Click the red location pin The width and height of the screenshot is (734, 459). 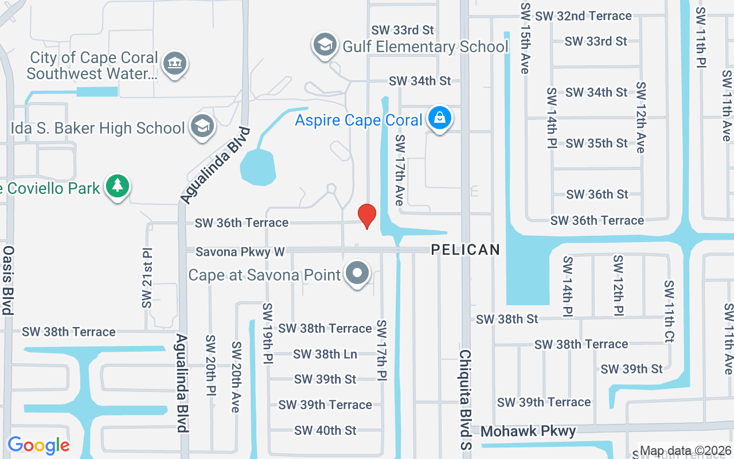click(x=367, y=216)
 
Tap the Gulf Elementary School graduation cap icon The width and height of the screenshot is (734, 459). click(x=325, y=45)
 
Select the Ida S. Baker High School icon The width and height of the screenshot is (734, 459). click(x=202, y=127)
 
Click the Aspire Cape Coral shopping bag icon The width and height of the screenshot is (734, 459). click(x=440, y=119)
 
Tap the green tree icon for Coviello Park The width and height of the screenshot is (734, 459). click(x=118, y=186)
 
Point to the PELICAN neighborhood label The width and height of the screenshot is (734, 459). click(x=466, y=250)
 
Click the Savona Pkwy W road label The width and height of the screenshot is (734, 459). click(x=240, y=252)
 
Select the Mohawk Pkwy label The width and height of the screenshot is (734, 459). click(x=528, y=431)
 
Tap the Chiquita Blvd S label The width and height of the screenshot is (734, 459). click(x=464, y=392)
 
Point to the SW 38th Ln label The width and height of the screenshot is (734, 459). click(x=325, y=354)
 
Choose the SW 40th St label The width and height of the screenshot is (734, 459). click(x=325, y=430)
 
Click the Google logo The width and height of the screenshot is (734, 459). click(x=38, y=445)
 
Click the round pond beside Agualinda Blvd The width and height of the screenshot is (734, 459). click(x=257, y=167)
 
